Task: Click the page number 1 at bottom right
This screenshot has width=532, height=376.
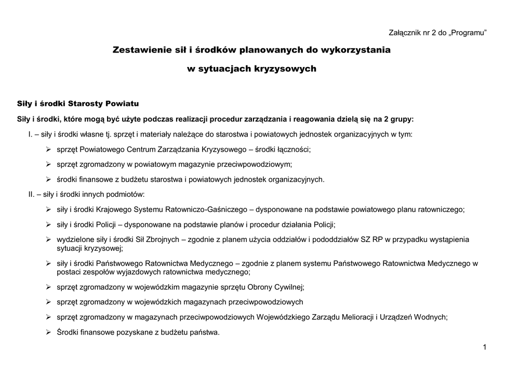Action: (484, 347)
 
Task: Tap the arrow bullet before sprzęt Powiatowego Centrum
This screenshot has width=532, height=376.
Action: (48, 150)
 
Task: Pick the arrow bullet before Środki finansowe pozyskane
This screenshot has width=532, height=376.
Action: (48, 332)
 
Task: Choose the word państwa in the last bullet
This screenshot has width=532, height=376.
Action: (205, 332)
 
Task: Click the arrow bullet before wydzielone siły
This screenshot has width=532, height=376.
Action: (48, 240)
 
